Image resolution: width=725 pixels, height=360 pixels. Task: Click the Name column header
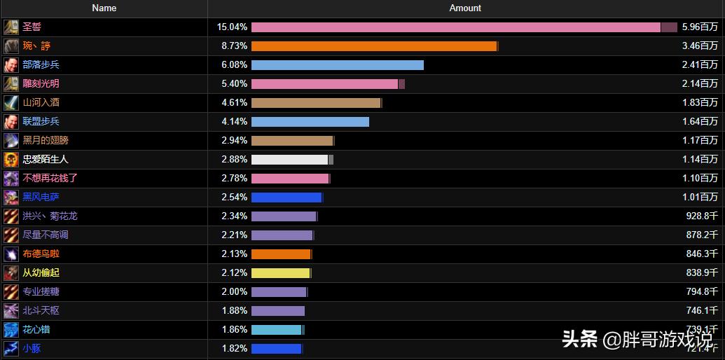[x=104, y=8]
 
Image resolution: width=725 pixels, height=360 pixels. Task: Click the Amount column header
[x=465, y=8]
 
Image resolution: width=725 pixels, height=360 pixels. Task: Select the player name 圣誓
[x=32, y=27]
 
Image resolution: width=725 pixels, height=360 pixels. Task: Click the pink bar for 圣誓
[x=455, y=27]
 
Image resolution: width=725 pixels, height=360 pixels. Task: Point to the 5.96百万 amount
[x=700, y=27]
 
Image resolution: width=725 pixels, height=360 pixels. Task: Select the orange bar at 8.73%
[x=374, y=46]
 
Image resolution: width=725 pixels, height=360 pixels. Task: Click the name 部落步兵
[x=41, y=64]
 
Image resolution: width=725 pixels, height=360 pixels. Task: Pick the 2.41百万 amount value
[x=700, y=64]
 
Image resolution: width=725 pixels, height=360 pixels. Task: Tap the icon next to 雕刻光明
[x=11, y=83]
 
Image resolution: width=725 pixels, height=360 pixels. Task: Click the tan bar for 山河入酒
[x=315, y=102]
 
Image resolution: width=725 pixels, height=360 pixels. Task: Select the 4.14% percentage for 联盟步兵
[x=234, y=121]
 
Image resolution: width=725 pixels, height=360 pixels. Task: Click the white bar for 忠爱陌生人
[x=289, y=159]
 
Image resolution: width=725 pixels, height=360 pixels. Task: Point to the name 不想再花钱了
[x=50, y=178]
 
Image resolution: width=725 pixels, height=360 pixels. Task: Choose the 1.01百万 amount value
[x=700, y=197]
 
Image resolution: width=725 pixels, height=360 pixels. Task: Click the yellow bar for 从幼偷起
[x=280, y=272]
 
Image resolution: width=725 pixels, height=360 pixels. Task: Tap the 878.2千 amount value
[x=702, y=235]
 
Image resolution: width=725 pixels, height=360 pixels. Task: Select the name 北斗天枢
[x=41, y=310]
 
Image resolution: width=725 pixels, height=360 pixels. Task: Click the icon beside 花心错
[x=11, y=329]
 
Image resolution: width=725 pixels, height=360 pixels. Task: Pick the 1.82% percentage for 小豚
[x=234, y=348]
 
